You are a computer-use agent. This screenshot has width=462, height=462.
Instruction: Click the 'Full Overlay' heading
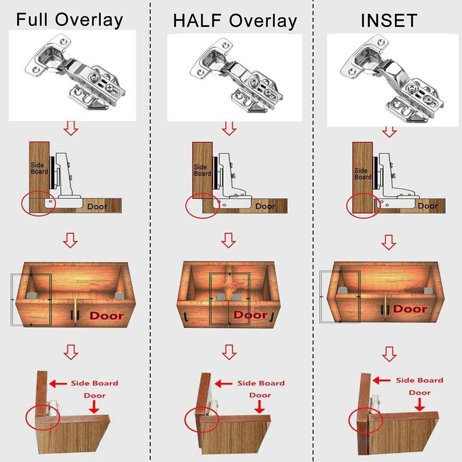(x=69, y=20)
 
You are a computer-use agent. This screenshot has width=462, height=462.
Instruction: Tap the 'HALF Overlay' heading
(x=235, y=21)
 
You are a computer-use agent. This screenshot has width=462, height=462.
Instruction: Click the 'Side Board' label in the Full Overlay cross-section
(x=37, y=168)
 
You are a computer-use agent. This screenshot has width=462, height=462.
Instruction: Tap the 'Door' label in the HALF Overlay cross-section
(x=265, y=206)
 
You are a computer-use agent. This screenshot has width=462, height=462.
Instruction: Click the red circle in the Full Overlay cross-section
(x=38, y=204)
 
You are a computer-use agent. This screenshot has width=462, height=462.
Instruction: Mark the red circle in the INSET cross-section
(x=363, y=205)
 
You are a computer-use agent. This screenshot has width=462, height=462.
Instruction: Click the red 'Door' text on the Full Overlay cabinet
(x=107, y=316)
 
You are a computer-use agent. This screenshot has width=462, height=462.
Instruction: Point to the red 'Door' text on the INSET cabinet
(x=410, y=309)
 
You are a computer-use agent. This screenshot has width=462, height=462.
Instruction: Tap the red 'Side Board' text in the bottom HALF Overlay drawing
(x=261, y=383)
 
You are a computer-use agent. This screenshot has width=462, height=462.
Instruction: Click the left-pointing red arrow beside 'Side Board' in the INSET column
(x=382, y=380)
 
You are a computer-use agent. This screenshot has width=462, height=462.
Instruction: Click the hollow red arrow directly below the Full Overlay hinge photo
(x=71, y=128)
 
